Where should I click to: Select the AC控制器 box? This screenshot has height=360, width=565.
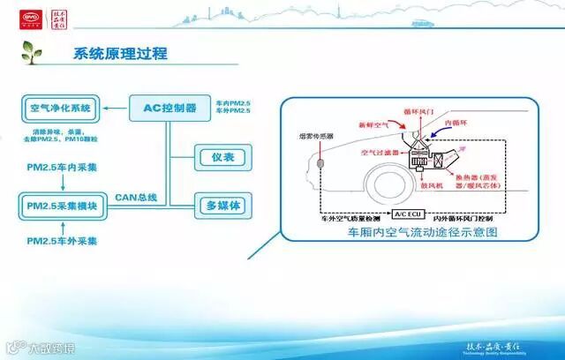[x=169, y=109]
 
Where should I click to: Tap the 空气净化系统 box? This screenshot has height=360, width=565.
[x=60, y=109]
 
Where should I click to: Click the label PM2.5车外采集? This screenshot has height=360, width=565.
[x=62, y=240]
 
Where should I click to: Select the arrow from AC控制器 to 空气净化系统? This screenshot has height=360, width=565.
[x=114, y=109]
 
